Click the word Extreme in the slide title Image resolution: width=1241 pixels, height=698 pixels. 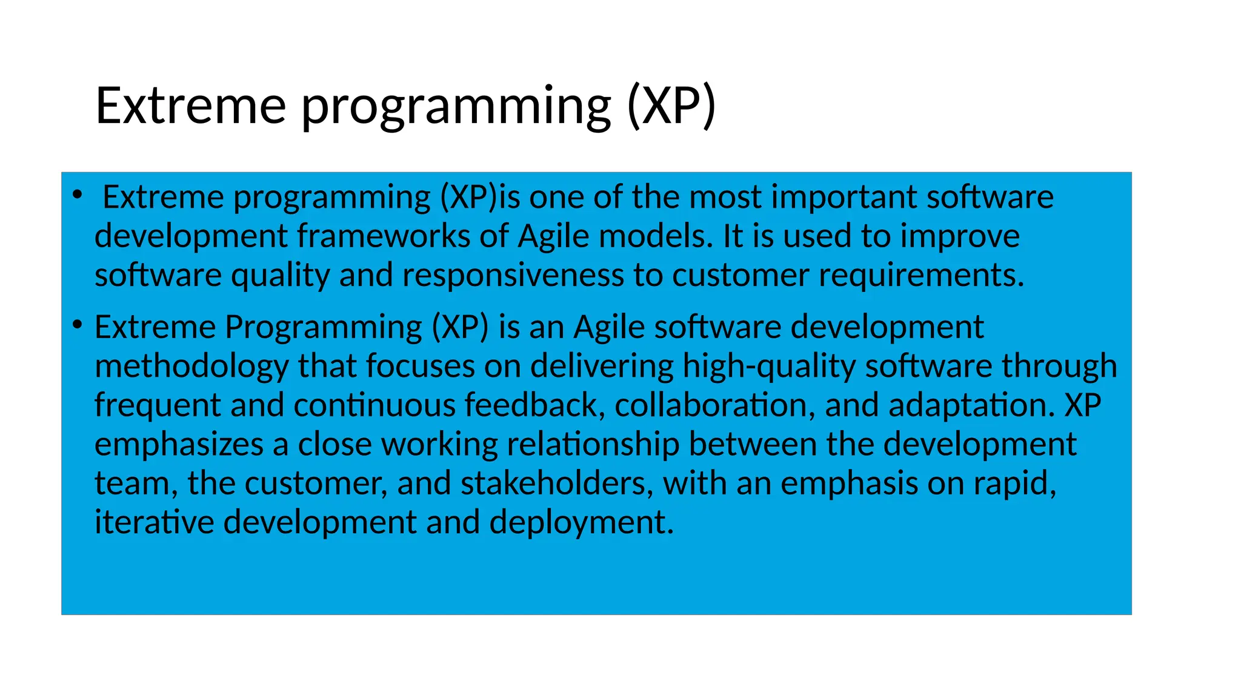(x=190, y=105)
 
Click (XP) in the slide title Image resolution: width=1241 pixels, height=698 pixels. (x=671, y=105)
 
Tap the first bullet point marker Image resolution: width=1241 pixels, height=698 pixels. (x=76, y=194)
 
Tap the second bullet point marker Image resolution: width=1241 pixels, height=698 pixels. (x=76, y=325)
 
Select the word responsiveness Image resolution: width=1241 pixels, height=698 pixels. (x=513, y=276)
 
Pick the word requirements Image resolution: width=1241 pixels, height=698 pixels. (x=921, y=276)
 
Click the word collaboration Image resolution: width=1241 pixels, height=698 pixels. (x=715, y=405)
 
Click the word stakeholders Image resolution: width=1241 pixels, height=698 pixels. (x=556, y=484)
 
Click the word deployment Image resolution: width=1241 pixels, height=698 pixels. (x=581, y=523)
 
